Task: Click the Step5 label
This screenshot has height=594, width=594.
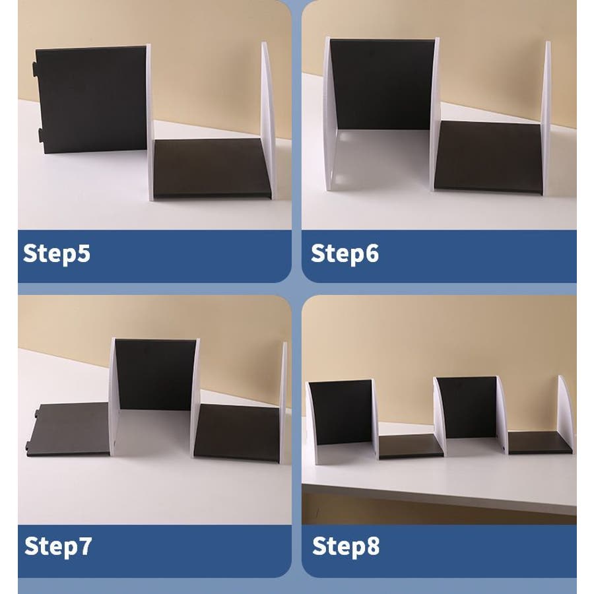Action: (57, 254)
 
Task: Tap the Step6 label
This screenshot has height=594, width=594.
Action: (345, 254)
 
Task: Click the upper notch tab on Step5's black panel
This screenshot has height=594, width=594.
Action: (34, 68)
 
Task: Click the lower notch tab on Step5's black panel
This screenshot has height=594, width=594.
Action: (40, 135)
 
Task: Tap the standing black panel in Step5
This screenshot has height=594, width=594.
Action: (91, 100)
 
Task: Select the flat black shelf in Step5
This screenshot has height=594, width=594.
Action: (212, 168)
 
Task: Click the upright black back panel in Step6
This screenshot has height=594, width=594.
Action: (383, 84)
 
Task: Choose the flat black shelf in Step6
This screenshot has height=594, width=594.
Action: (488, 157)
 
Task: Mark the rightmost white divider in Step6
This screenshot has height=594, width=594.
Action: (546, 118)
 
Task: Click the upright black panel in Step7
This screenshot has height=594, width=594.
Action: (156, 374)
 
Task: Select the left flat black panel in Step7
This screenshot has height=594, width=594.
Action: (68, 429)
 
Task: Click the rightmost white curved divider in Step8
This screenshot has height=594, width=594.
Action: (565, 415)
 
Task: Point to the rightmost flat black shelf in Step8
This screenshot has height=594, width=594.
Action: (539, 442)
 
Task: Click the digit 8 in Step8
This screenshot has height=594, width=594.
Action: (373, 546)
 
